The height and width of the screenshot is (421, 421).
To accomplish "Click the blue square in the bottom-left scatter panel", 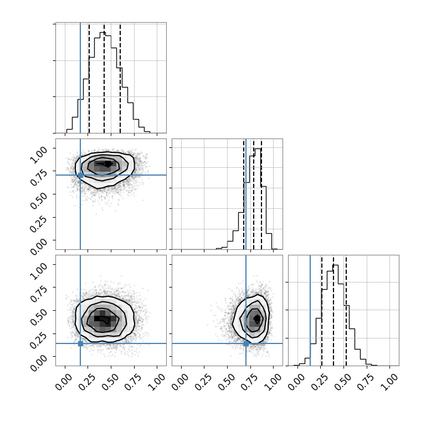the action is coord(80,343).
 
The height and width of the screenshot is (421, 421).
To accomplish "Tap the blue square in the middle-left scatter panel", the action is coord(80,176).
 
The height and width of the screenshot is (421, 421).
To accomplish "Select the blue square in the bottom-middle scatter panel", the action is coord(246,343).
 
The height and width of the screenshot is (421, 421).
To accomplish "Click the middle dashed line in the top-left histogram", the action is coord(104,78).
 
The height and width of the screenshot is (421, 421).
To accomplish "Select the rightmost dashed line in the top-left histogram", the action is coord(120,78).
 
